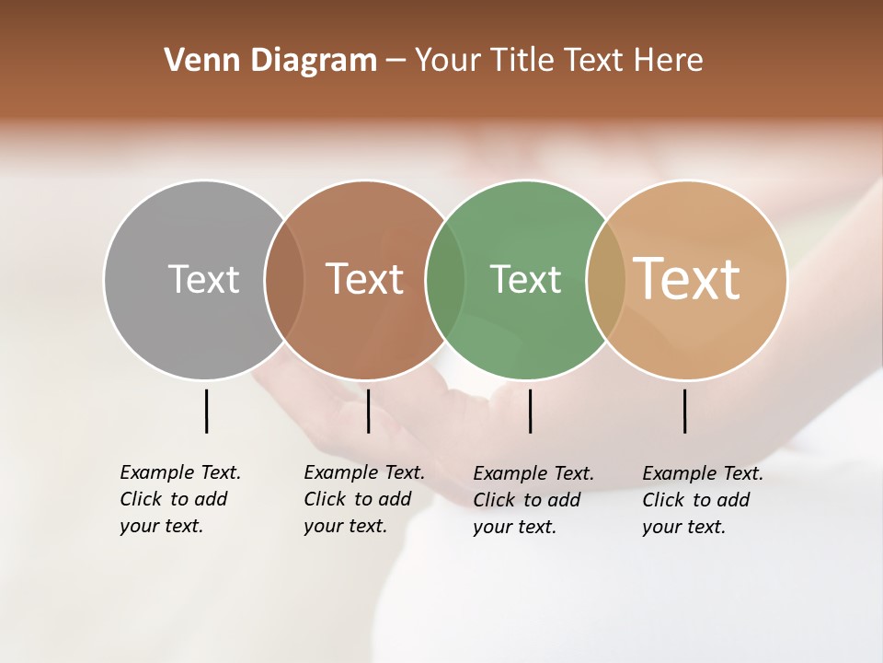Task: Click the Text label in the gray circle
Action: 203,279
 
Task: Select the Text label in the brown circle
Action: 365,279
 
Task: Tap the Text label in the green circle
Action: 525,279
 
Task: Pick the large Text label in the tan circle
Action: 687,279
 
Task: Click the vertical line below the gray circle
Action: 206,411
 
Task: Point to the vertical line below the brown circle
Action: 368,411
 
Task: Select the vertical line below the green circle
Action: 530,411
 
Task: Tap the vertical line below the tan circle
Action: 684,411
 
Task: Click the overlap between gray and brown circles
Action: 284,279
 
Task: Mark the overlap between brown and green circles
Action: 445,279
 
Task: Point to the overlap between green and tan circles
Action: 605,279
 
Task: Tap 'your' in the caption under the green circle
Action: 492,527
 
